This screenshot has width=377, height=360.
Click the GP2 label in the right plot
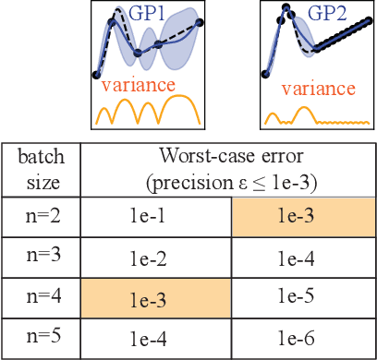[329, 16]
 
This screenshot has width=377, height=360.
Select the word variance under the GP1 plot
[138, 85]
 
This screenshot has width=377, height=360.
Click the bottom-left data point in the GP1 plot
[98, 75]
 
